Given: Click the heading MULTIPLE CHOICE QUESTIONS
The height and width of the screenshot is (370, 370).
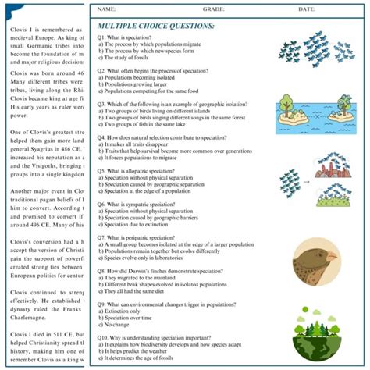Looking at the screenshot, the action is tap(151, 25).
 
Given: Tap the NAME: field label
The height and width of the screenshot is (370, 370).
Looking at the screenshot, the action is tap(107, 9).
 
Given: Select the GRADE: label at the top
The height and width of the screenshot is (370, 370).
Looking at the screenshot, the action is tap(213, 9).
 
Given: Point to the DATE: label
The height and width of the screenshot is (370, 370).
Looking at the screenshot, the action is tap(306, 9).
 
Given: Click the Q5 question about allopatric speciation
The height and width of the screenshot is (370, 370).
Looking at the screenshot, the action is tap(151, 170).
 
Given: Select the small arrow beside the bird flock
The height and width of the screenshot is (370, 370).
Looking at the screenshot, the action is tap(306, 181).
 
